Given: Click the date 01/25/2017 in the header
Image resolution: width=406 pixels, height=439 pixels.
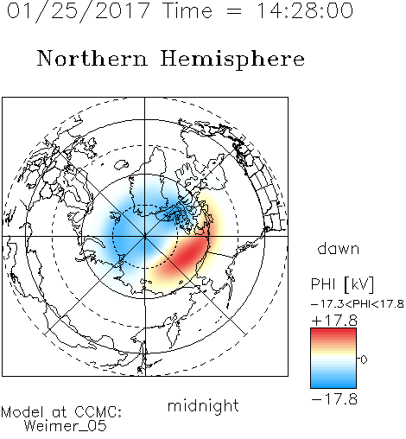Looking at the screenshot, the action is [x=79, y=10].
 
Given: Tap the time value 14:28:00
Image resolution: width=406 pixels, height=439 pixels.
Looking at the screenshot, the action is [x=305, y=10].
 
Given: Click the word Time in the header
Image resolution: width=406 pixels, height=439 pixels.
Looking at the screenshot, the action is [x=187, y=10].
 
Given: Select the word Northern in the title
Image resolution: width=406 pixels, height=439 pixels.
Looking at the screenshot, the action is [x=92, y=59].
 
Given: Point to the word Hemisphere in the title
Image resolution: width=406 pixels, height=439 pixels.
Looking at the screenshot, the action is [x=232, y=60].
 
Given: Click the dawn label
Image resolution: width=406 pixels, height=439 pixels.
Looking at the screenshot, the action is [x=339, y=248].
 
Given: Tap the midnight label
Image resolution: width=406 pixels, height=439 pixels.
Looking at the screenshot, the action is [x=203, y=405].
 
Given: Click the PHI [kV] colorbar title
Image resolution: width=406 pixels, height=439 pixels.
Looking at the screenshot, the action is [x=342, y=284].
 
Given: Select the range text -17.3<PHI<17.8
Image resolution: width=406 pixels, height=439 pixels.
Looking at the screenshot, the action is [x=358, y=304].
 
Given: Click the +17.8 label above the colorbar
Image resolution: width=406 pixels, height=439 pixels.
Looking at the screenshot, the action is [x=334, y=321].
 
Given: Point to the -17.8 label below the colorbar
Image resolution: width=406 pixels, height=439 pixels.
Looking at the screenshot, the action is [x=334, y=399].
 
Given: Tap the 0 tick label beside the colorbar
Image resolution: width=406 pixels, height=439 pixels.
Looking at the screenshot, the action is [x=364, y=359].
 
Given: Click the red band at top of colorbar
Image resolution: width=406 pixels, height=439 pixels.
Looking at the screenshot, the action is [x=333, y=332].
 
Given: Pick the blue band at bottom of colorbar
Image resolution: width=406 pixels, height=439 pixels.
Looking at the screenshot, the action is [x=333, y=384].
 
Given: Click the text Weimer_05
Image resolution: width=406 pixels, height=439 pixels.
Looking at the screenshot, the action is [x=66, y=426].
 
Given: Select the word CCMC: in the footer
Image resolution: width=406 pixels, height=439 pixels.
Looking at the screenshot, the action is [x=98, y=412].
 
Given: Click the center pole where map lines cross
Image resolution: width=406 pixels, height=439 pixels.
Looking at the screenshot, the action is [x=144, y=236].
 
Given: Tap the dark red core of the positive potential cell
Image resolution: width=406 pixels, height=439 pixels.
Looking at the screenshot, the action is [x=188, y=254].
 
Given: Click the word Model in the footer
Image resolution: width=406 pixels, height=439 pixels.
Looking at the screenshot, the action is [x=22, y=412].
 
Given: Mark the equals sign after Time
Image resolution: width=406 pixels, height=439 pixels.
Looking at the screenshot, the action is [x=234, y=11].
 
